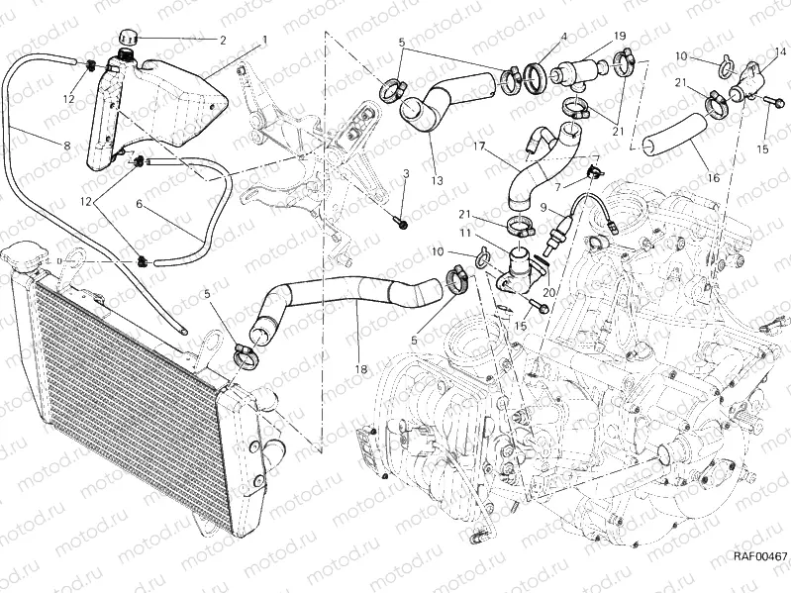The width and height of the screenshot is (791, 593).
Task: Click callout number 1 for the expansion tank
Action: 265,41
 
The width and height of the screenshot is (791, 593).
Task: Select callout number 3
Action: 405,174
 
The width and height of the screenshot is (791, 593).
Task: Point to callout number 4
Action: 562,38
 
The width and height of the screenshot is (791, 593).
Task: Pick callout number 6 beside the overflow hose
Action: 139,206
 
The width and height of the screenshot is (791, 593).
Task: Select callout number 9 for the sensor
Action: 544,207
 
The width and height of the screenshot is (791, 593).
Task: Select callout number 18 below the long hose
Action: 360,369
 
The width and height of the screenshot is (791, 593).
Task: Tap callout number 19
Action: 620,37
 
